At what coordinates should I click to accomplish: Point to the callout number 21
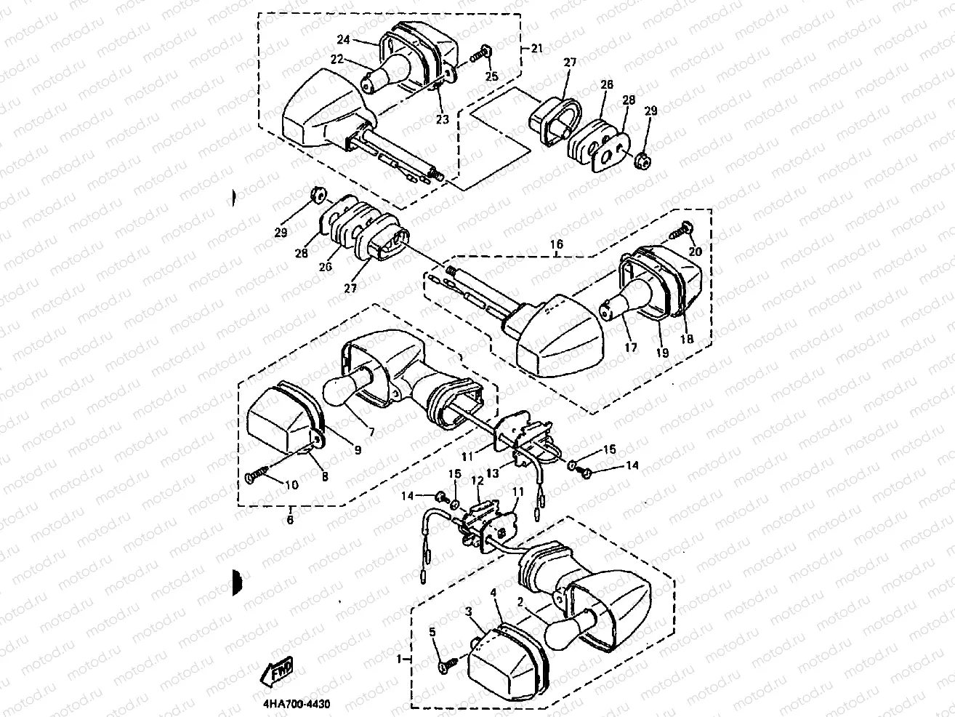click(536, 49)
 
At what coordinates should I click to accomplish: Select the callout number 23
click(442, 119)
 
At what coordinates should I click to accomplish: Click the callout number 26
click(326, 267)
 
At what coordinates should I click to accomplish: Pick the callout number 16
click(557, 245)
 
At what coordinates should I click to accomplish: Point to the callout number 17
click(630, 348)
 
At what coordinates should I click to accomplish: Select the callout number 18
click(687, 338)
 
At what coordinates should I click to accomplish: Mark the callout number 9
click(358, 449)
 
